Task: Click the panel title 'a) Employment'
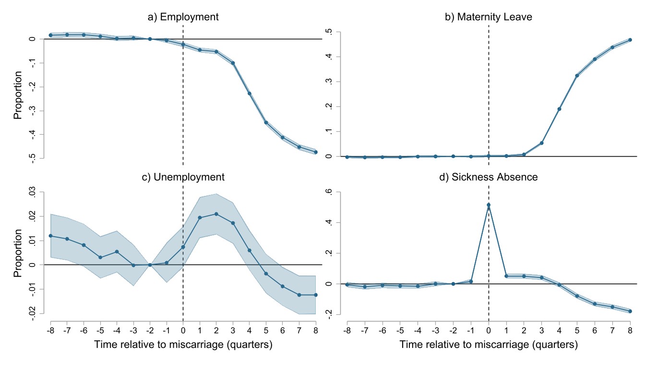coord(183,17)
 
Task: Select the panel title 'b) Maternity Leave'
coord(488,17)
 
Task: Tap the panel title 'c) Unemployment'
coord(183,177)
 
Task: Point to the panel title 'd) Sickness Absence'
coord(488,177)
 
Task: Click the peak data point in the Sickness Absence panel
coord(489,205)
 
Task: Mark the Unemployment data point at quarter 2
coord(216,214)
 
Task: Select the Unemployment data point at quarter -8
coord(50,236)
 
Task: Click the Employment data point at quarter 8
coord(316,152)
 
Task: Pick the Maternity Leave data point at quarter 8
coord(630,40)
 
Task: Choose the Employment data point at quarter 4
coord(250,93)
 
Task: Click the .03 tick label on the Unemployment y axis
coord(32,193)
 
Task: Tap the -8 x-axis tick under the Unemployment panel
coord(49,331)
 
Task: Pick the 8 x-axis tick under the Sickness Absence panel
coord(630,331)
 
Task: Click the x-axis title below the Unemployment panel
coord(183,345)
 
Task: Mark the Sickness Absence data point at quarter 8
coord(630,311)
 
